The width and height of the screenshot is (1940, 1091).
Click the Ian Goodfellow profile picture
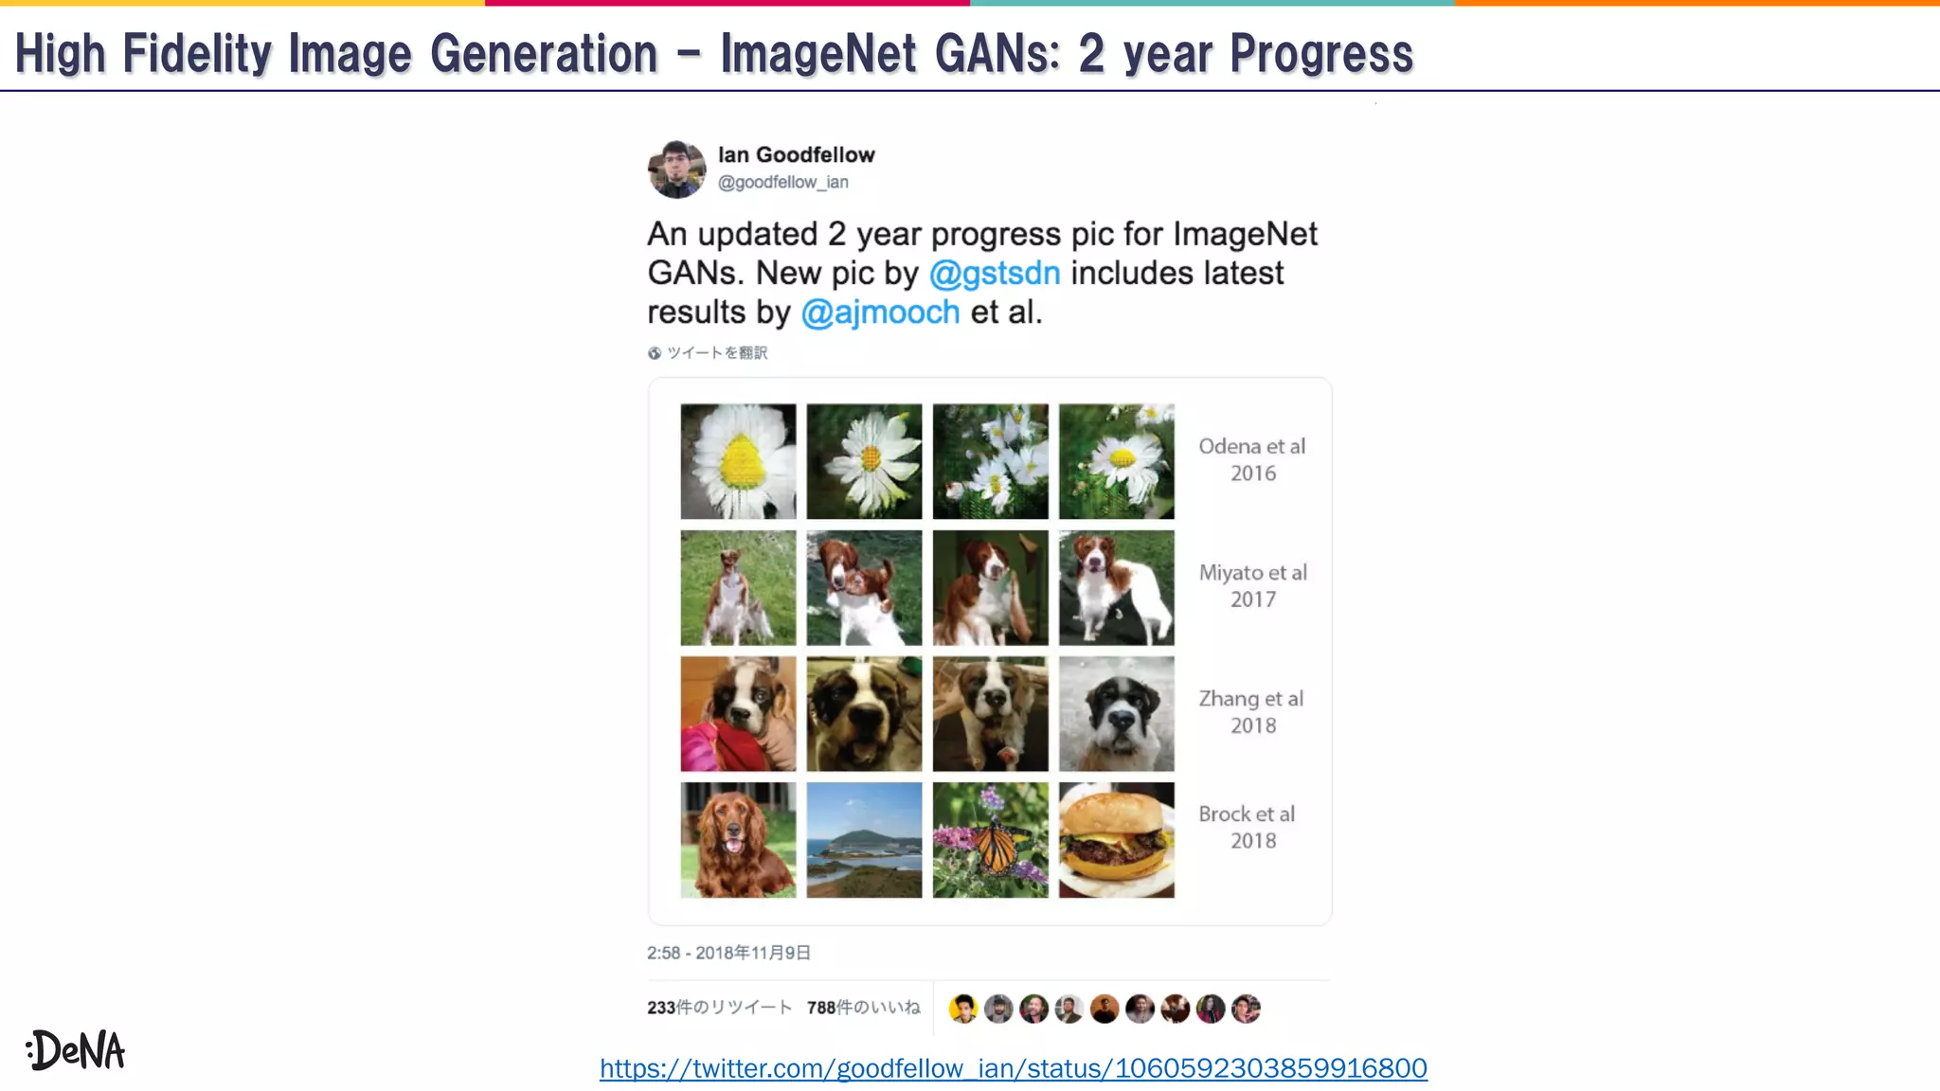pos(676,170)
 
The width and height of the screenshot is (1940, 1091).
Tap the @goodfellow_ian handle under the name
pos(782,182)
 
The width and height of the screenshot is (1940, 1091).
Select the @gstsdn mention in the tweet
pos(994,273)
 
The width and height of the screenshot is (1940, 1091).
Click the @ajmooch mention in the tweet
pos(880,312)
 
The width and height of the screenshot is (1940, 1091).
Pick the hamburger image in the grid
pos(1116,840)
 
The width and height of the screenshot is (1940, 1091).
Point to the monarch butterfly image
pos(990,840)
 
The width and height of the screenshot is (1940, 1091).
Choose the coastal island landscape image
pos(864,840)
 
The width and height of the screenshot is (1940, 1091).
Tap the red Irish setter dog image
pos(738,840)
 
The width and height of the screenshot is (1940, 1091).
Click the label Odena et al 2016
pos(1251,459)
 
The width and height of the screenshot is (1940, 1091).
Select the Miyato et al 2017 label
pos(1252,585)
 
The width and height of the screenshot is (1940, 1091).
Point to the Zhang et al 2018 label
pos(1251,711)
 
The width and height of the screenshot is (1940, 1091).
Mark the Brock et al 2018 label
pos(1248,827)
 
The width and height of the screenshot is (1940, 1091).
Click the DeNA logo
pos(76,1050)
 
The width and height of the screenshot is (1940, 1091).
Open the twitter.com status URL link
pos(1013,1068)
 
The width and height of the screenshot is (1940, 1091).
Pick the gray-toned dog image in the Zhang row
pos(1116,714)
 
